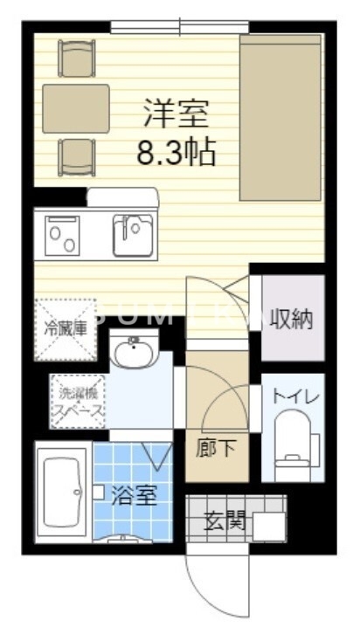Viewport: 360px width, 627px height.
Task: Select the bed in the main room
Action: (280, 119)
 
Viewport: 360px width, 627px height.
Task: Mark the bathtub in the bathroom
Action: (62, 488)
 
